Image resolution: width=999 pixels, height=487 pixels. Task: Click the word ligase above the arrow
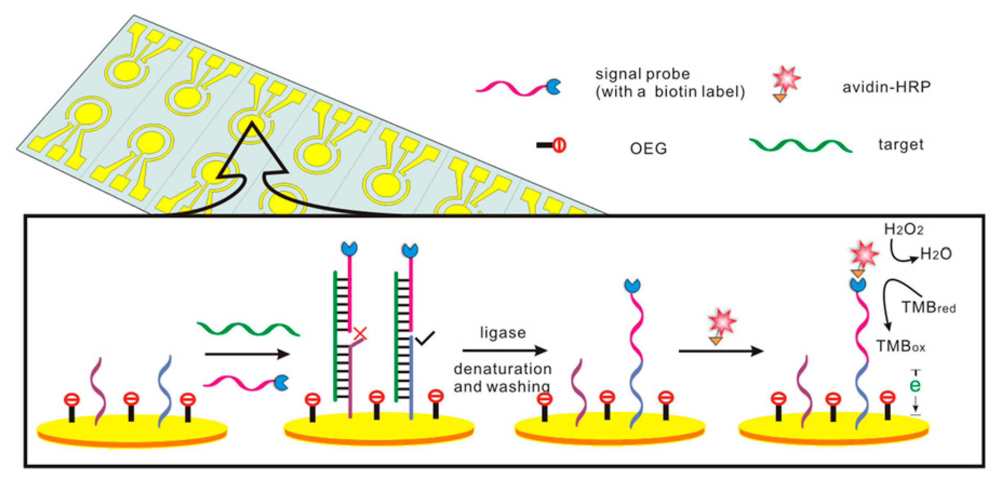click(x=502, y=333)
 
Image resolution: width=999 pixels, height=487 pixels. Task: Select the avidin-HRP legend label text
click(x=886, y=87)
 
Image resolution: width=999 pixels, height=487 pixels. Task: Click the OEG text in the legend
click(x=648, y=149)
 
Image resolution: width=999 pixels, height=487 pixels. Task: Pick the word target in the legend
click(x=901, y=145)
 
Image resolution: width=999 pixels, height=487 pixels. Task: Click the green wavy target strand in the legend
click(x=800, y=146)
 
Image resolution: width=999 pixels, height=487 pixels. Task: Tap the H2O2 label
click(x=903, y=230)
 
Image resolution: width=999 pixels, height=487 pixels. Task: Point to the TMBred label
click(x=928, y=307)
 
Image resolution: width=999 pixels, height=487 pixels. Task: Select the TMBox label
click(x=900, y=346)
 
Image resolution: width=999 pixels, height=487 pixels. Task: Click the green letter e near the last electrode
click(x=915, y=385)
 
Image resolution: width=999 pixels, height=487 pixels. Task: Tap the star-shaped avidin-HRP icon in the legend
click(x=786, y=79)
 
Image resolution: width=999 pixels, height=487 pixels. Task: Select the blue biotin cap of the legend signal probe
click(x=553, y=87)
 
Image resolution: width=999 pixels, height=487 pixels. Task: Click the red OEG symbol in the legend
click(x=558, y=145)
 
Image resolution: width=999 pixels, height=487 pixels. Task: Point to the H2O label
click(x=936, y=254)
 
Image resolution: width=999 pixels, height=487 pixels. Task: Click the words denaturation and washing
click(x=502, y=377)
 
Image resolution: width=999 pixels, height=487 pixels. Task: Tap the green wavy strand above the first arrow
click(x=248, y=329)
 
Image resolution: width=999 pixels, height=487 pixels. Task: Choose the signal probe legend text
click(x=670, y=83)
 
